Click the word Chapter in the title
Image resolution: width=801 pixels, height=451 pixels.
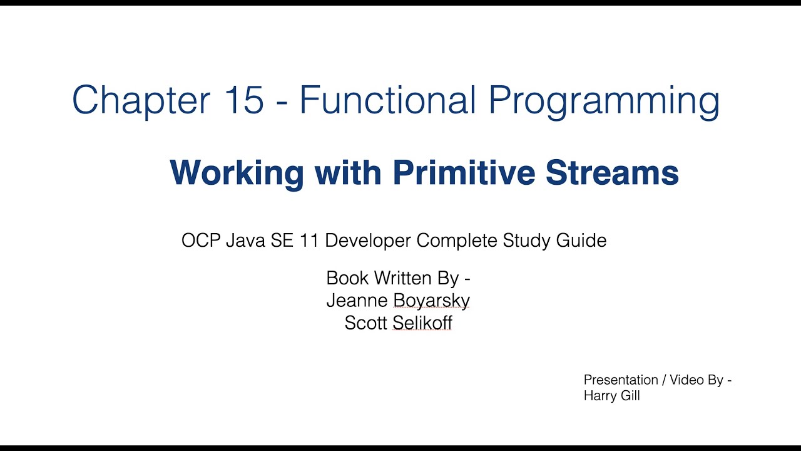[137, 100]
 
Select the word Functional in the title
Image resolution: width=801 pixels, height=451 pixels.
[388, 100]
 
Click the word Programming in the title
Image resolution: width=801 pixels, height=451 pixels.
[604, 101]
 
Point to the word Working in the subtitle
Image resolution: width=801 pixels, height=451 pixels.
[237, 173]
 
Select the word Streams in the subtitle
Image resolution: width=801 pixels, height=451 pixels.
[612, 172]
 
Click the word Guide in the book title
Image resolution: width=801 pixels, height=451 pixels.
[583, 241]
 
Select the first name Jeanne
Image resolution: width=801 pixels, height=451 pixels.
[357, 301]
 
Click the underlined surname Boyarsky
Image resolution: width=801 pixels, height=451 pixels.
[431, 301]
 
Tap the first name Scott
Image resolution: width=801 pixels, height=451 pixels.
[365, 323]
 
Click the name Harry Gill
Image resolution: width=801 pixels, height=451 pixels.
[611, 396]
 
